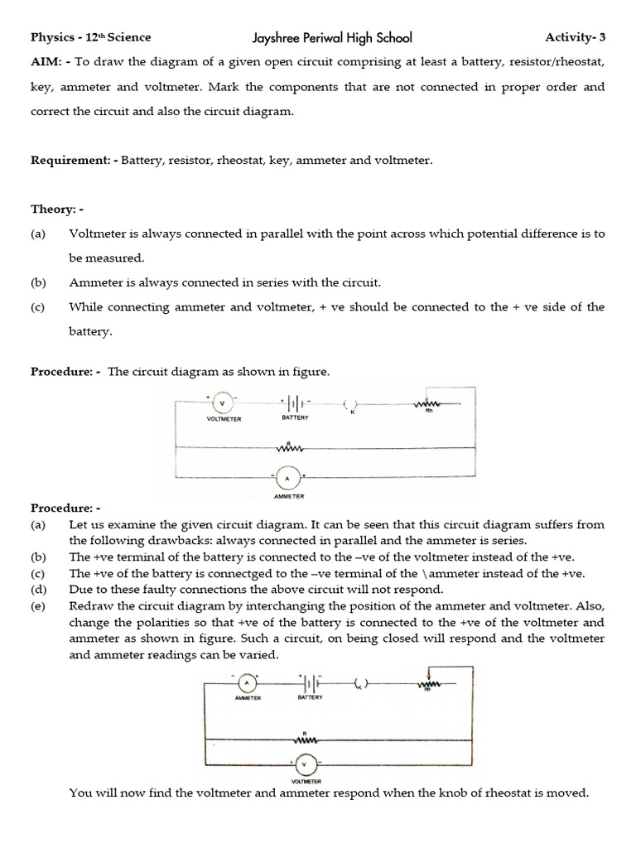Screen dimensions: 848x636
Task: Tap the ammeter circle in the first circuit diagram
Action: tap(287, 478)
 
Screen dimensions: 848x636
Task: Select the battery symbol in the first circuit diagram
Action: tap(295, 404)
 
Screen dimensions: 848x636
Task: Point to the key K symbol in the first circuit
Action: tap(351, 405)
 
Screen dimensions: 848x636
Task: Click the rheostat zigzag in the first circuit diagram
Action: tap(429, 403)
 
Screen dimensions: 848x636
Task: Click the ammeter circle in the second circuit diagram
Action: tap(247, 683)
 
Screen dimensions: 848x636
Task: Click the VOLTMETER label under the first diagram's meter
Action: tap(224, 419)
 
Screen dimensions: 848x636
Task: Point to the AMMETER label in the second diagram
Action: tap(248, 698)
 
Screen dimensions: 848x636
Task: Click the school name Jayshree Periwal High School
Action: tap(332, 38)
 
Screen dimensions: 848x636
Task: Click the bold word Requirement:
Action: tap(73, 160)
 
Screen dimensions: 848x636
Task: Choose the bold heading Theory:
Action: tap(54, 209)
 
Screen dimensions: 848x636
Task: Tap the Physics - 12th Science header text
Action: tap(91, 38)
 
